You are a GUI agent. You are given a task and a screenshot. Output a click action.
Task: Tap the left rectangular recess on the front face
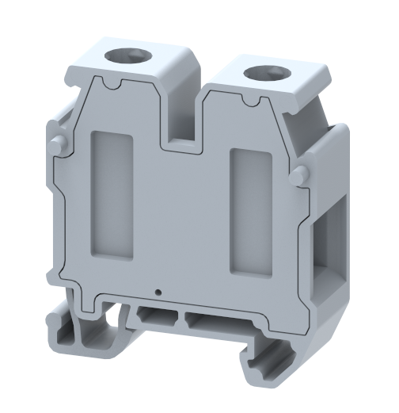pos(110,193)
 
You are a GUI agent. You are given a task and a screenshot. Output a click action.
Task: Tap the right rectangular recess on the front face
pos(250,209)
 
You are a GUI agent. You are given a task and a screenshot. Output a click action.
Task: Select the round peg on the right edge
pos(299,176)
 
